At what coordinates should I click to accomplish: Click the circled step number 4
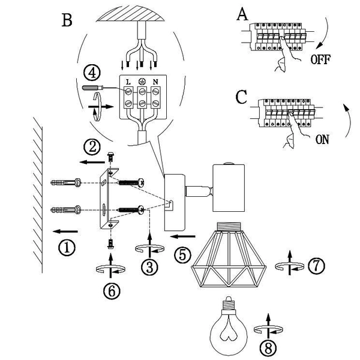(92, 73)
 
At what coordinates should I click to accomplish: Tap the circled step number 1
(67, 248)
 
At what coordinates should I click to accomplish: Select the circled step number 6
(112, 291)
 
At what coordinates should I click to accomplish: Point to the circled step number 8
(268, 348)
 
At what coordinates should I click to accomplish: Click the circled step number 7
(316, 266)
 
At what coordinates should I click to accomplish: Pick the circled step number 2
(92, 147)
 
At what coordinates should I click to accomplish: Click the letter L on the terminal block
(128, 82)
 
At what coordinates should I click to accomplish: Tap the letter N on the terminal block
(155, 82)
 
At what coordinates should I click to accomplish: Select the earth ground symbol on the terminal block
(142, 82)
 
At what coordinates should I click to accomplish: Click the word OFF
(320, 59)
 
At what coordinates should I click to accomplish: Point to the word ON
(322, 140)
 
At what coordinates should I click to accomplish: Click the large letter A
(242, 14)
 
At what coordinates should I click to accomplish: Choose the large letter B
(67, 20)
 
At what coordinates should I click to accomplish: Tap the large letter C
(241, 97)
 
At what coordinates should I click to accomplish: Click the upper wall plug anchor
(65, 183)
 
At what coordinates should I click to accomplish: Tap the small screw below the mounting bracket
(111, 244)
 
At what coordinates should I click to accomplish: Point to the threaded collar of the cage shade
(229, 226)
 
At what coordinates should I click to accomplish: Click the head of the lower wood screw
(141, 210)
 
